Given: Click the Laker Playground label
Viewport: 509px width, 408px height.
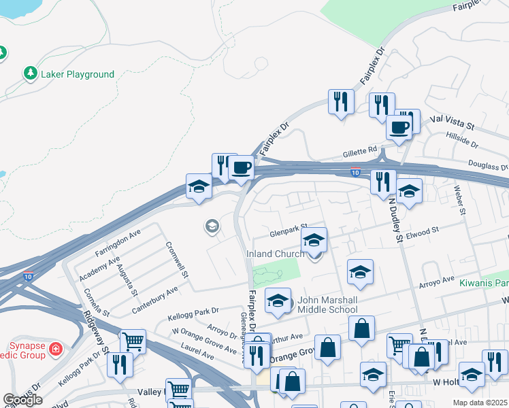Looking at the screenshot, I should pos(78,74).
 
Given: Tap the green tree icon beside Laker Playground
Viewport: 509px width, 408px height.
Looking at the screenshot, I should pos(30,73).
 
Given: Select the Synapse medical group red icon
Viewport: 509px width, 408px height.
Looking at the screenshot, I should pos(55,350).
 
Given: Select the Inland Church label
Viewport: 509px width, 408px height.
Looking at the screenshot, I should pos(276,254).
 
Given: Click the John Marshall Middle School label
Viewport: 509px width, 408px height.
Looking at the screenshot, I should pos(327,305).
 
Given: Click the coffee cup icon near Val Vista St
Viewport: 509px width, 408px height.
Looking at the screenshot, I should pos(399,127).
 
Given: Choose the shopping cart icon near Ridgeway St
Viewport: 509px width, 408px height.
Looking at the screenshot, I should pos(132,341).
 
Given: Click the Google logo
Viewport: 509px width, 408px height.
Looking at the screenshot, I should pos(22,401).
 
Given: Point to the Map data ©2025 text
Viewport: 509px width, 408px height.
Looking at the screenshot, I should pos(480,403).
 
